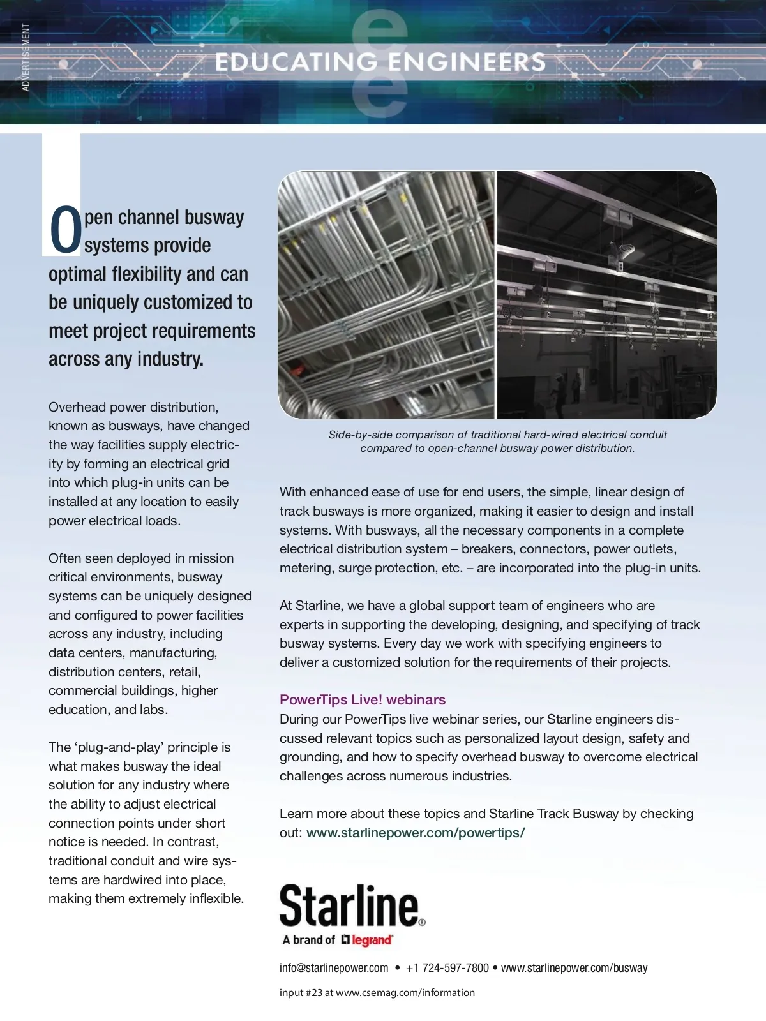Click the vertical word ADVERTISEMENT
click(26, 57)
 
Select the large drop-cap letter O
click(65, 230)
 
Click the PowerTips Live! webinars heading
click(363, 699)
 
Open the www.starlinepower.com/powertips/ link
click(416, 833)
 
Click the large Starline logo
click(350, 905)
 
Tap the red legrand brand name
click(372, 940)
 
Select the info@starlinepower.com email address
click(334, 968)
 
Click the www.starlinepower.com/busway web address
click(574, 968)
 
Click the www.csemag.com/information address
click(405, 993)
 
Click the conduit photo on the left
click(386, 295)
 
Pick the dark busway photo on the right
click(606, 295)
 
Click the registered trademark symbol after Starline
click(422, 922)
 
